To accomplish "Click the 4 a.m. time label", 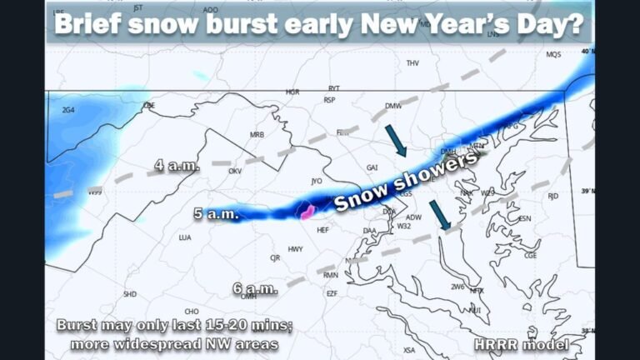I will [177, 166].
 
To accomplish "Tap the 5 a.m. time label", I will [217, 214].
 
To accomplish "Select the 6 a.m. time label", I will [255, 288].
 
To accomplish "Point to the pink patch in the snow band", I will [307, 211].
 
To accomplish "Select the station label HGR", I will [292, 92].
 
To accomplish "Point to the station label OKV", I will [235, 171].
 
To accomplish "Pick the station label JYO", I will [316, 180].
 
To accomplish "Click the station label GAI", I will [372, 167].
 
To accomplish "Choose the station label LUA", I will [185, 237].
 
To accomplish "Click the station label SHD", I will [130, 294].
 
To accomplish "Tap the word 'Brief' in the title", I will [94, 25].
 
